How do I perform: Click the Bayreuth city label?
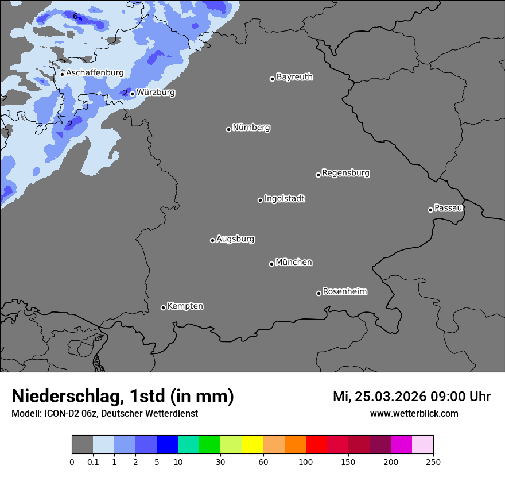[x=294, y=77]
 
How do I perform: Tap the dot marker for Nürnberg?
[x=228, y=129]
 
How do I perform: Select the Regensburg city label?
[x=345, y=173]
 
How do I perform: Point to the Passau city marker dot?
[x=430, y=210]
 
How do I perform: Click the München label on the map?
[x=294, y=263]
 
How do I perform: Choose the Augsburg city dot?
[x=212, y=240]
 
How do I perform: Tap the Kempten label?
[x=185, y=306]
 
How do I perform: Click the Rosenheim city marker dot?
[x=318, y=294]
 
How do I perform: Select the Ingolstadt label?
[x=285, y=199]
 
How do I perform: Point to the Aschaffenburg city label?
[x=95, y=73]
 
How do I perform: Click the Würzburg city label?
[x=156, y=93]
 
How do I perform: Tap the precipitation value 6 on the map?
[x=75, y=16]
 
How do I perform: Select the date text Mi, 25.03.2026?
[x=379, y=397]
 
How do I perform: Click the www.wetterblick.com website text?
[x=414, y=414]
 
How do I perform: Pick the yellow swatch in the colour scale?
[x=252, y=445]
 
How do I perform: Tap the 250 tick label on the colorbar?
[x=433, y=462]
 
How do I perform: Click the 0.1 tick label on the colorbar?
[x=93, y=462]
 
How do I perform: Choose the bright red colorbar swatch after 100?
[x=316, y=445]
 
